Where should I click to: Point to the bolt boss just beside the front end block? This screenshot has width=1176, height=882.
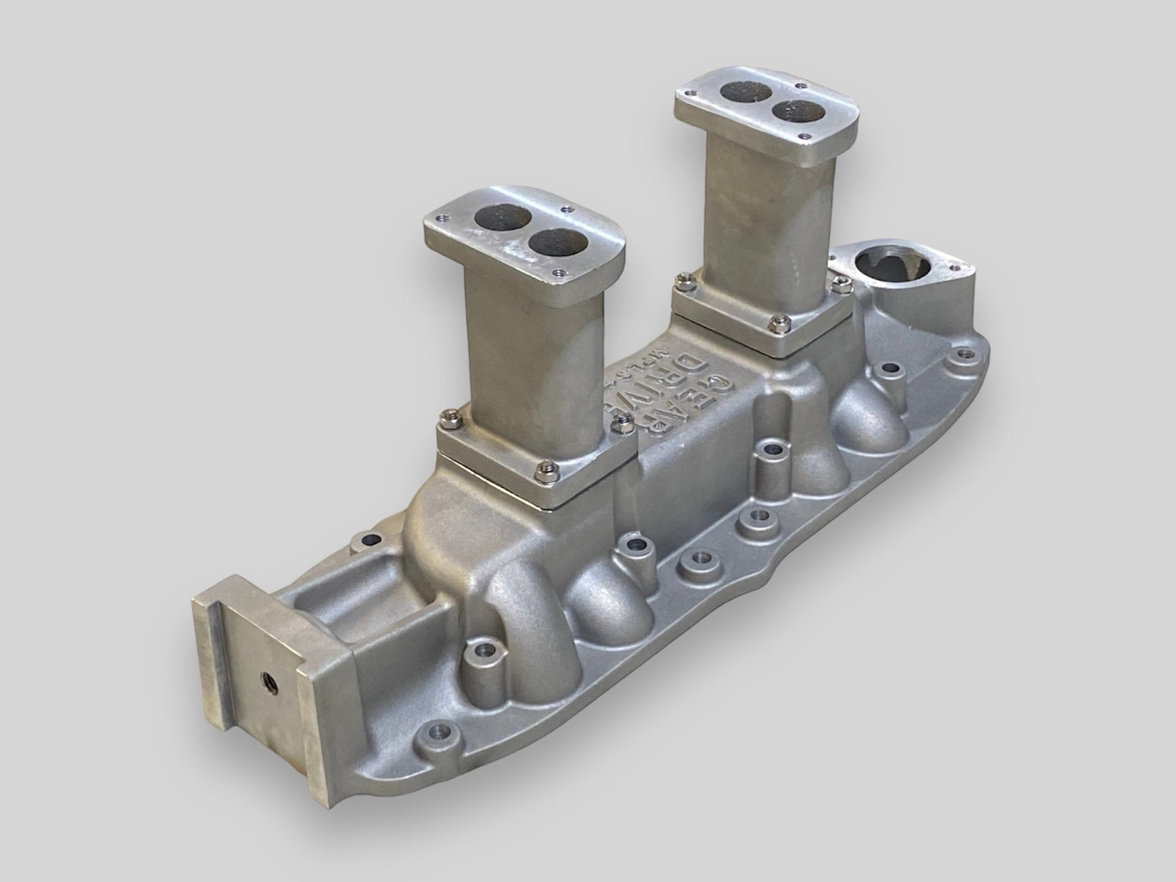click(484, 656)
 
